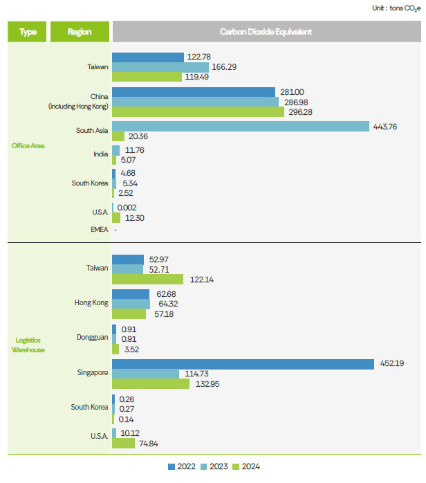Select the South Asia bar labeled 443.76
pos(241,126)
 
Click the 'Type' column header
pos(28,32)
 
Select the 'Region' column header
pos(80,32)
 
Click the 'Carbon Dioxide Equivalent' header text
pos(266,32)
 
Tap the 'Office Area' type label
pos(28,145)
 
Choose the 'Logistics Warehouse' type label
pos(28,345)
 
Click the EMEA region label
pos(100,230)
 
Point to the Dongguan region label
pos(93,337)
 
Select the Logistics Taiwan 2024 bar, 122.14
pos(147,279)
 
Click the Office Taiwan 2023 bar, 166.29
pos(160,66)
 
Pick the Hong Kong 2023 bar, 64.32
pos(131,304)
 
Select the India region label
pos(101,154)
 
